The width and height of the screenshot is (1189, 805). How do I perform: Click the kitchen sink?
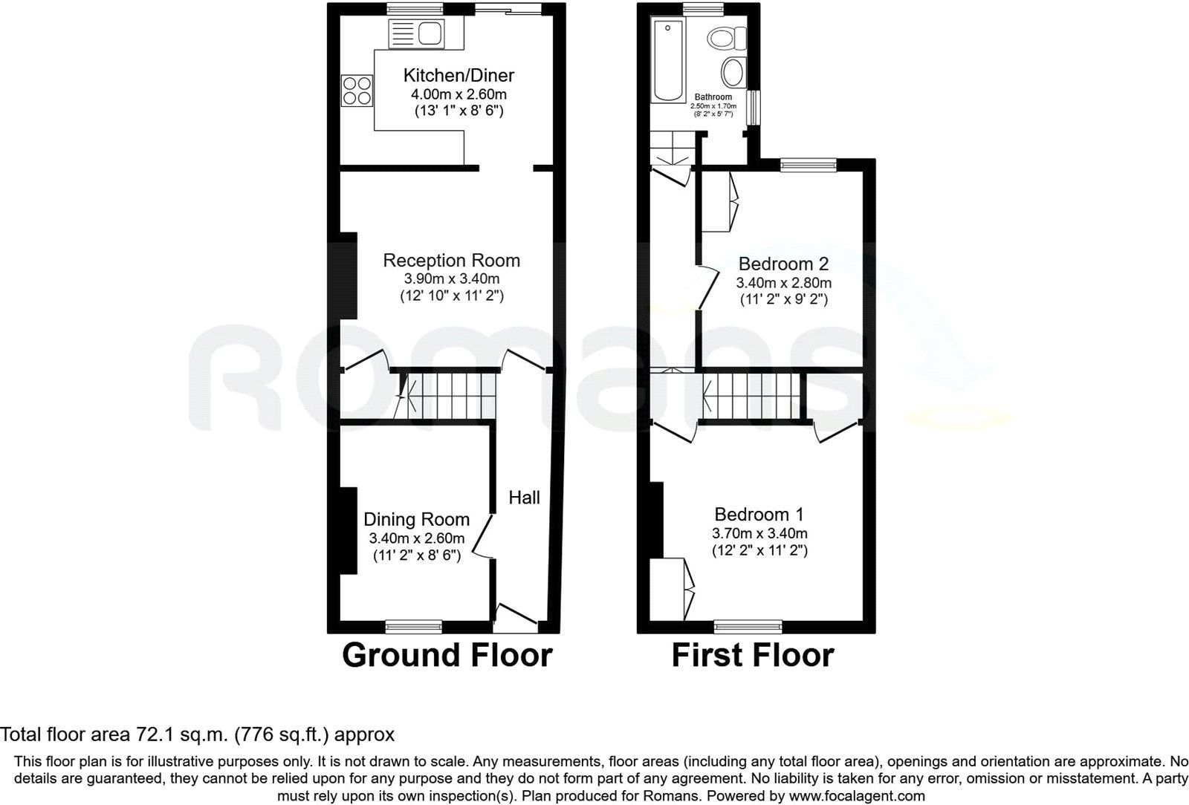pos(416,34)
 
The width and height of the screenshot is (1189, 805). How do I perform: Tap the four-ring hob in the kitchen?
pos(357,91)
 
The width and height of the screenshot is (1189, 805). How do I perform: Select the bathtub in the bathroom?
pos(668,60)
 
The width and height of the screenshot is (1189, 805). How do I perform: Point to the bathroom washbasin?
pos(734,72)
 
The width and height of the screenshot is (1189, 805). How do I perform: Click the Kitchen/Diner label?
pos(459,75)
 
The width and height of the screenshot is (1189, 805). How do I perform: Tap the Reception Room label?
pos(451,261)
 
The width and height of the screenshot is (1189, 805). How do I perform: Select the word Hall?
pos(524,498)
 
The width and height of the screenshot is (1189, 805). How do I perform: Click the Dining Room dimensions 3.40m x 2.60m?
pos(417,538)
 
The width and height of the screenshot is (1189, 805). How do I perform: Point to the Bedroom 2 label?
pos(783,264)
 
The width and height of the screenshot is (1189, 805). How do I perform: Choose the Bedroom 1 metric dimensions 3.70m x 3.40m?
pos(759,533)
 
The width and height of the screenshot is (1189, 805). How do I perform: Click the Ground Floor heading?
pos(447,655)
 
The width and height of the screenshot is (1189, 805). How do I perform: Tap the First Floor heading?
pos(753,655)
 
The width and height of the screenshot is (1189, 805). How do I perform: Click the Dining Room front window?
pos(413,627)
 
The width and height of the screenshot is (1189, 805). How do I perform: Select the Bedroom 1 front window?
pos(748,627)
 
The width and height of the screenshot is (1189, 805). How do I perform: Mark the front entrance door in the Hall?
pos(516,619)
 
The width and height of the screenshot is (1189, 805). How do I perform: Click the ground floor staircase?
pos(447,396)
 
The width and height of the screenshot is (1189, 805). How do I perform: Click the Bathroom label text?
pos(713,97)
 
